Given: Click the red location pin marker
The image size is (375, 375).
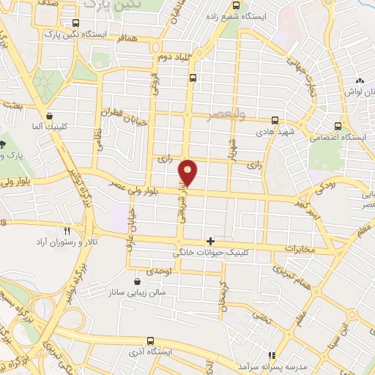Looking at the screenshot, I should click(188, 172).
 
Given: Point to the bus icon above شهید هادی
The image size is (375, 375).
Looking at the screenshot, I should click(275, 120).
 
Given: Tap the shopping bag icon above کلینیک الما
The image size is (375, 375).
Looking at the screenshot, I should click(49, 115).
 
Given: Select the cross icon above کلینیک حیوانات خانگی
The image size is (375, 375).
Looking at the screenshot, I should click(211, 240).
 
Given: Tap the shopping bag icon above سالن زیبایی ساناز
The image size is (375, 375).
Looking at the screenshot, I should click(138, 281).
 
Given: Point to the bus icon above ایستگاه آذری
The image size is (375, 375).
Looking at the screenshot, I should click(150, 341).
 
